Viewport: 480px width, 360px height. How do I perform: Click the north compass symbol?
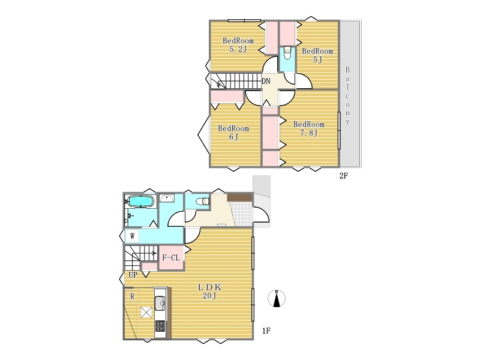(277, 298)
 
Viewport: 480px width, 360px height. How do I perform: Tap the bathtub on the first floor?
(140, 202)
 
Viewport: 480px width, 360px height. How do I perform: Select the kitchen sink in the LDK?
(160, 304)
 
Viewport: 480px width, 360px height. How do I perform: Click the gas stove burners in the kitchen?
(160, 326)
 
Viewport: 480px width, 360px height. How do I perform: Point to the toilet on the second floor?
(287, 53)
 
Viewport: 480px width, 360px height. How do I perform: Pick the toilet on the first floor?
(202, 202)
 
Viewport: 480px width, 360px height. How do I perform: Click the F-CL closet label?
(171, 258)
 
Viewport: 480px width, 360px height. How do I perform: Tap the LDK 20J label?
(209, 292)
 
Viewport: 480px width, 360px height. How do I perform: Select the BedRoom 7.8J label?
(308, 128)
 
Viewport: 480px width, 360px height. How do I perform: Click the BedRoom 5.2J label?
(238, 44)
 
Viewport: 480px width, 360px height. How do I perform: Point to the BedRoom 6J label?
(233, 133)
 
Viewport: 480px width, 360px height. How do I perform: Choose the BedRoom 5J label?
(317, 55)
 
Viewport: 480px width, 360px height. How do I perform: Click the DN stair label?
(266, 81)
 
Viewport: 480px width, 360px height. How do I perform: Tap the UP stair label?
(133, 275)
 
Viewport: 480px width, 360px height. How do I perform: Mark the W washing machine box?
(132, 236)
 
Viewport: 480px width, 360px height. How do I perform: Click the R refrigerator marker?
(132, 296)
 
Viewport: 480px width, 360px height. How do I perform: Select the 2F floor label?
(343, 176)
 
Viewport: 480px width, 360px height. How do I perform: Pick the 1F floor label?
(266, 331)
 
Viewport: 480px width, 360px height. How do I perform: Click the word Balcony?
(347, 95)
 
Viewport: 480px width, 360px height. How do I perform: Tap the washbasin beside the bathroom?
(167, 198)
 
